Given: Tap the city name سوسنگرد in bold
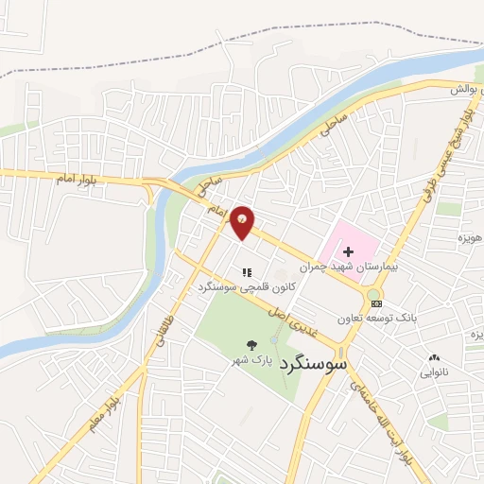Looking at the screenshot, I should [316, 362].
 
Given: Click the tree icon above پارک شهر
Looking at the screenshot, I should [251, 346].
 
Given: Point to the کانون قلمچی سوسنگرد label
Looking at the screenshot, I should [247, 285].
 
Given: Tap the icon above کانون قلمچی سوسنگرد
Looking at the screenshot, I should [248, 271].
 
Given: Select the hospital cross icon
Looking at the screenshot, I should [348, 251].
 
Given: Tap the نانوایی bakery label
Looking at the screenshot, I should [435, 372].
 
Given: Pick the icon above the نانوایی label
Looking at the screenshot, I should [435, 357].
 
